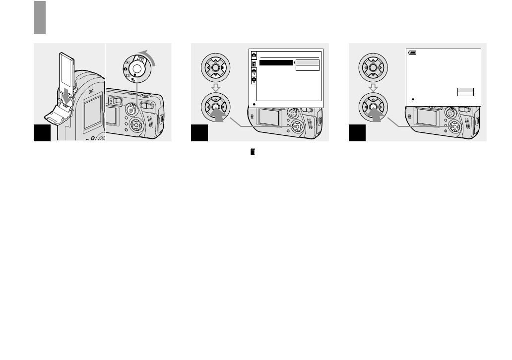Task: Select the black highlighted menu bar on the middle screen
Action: tap(276, 62)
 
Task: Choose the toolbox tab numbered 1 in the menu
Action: tap(254, 71)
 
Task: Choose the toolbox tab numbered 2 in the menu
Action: tap(254, 80)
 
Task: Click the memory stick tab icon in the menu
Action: tap(254, 63)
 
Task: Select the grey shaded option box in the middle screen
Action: tap(307, 62)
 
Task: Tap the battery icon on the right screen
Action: tap(412, 52)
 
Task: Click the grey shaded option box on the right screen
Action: tap(465, 90)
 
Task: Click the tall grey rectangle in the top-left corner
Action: tap(40, 17)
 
